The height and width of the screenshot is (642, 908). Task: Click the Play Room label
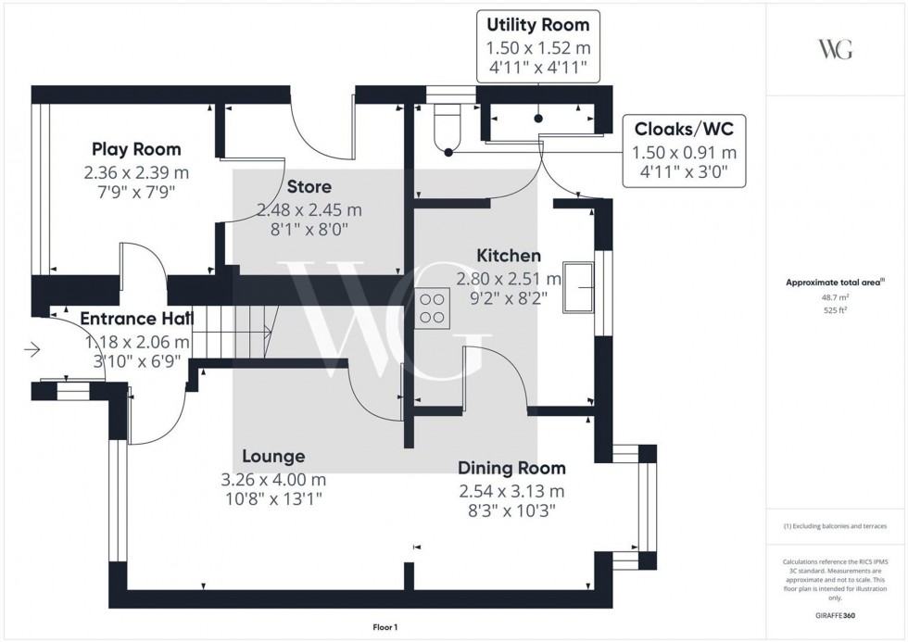tap(135, 149)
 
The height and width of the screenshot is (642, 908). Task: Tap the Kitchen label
tap(509, 256)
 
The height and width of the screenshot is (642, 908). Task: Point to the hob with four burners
tap(432, 307)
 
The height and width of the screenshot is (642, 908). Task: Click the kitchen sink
tap(580, 287)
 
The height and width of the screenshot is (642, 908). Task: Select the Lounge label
tap(273, 457)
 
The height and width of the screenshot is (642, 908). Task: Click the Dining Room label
tap(511, 469)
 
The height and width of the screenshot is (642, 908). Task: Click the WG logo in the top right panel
tap(835, 49)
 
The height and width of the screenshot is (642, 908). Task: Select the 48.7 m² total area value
tap(836, 297)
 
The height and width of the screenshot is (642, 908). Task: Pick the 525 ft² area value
tap(836, 310)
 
